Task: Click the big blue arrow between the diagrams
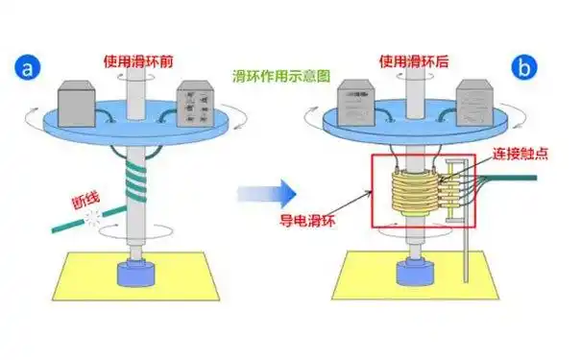tap(266, 196)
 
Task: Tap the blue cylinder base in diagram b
tap(413, 273)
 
